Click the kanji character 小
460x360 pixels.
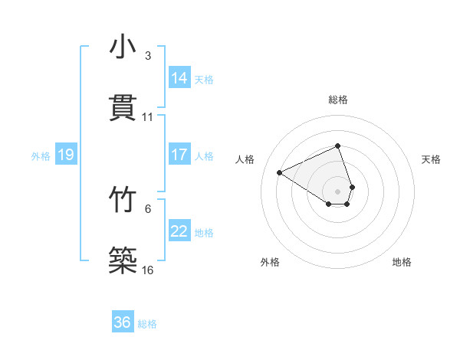coord(123,47)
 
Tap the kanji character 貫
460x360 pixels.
coord(123,108)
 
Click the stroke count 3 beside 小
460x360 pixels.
coord(148,56)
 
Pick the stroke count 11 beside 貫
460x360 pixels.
coord(148,117)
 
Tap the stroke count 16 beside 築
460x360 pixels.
coord(148,270)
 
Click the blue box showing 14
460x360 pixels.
coord(179,78)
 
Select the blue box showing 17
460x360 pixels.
coord(179,155)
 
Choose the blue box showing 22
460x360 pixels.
coord(179,231)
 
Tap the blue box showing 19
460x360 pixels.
coord(66,155)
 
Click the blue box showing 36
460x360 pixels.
coord(123,322)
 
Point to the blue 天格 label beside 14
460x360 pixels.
coord(204,80)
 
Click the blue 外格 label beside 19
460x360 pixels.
coord(41,156)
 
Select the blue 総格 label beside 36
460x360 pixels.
coord(147,324)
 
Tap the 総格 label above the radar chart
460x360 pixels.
coord(338,100)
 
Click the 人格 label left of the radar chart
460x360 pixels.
coord(245,159)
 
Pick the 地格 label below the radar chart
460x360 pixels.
coord(402,262)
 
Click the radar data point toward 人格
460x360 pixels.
coord(280,172)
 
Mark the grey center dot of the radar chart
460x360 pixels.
coord(338,191)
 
